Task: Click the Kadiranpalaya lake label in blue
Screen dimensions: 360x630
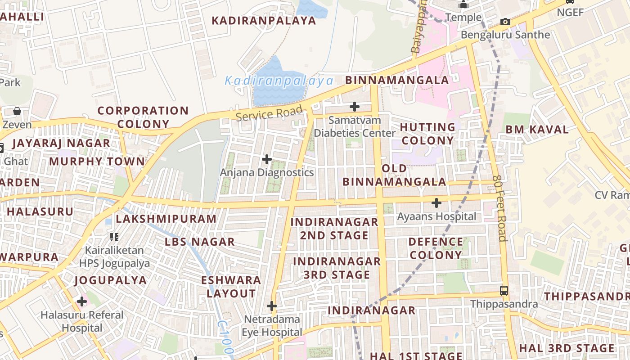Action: coord(279,81)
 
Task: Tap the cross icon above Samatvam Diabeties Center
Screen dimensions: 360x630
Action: coord(355,107)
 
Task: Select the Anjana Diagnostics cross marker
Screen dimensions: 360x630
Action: coord(267,159)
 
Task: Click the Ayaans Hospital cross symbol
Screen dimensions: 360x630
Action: coord(436,203)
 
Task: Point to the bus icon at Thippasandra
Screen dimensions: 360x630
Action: coord(504,291)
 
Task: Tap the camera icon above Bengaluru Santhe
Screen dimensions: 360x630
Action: coord(505,22)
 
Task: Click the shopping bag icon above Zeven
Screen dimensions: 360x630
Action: coord(17,111)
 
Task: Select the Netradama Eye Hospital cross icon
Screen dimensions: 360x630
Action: coord(272,306)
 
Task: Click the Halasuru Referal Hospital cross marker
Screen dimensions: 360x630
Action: coord(82,301)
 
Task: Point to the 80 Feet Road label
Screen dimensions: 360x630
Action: coord(500,208)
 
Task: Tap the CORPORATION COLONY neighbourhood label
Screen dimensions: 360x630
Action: coord(143,117)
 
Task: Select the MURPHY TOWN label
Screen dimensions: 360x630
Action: coord(97,162)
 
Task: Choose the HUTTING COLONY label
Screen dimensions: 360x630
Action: coord(427,134)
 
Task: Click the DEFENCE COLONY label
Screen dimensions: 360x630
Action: coord(436,248)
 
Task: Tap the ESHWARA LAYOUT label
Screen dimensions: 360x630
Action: coord(231,287)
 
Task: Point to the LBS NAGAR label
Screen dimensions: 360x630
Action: coord(200,242)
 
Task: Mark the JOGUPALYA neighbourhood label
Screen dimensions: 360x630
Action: coord(111,280)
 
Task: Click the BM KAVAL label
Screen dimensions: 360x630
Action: coord(537,130)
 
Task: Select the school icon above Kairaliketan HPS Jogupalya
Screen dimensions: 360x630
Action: coord(114,237)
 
